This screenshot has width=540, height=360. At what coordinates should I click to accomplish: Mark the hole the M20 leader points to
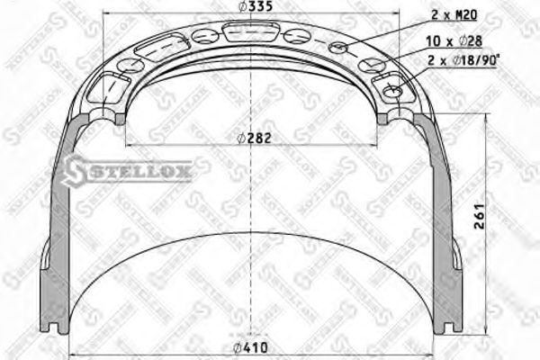pos(339,47)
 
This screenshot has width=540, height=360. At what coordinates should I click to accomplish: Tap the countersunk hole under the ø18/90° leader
pos(393,91)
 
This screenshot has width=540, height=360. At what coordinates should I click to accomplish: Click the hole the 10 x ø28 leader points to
pos(369,66)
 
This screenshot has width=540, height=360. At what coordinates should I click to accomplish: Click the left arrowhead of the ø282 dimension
pos(130,144)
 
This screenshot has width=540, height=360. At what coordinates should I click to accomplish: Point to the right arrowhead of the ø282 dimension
pos(376,144)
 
